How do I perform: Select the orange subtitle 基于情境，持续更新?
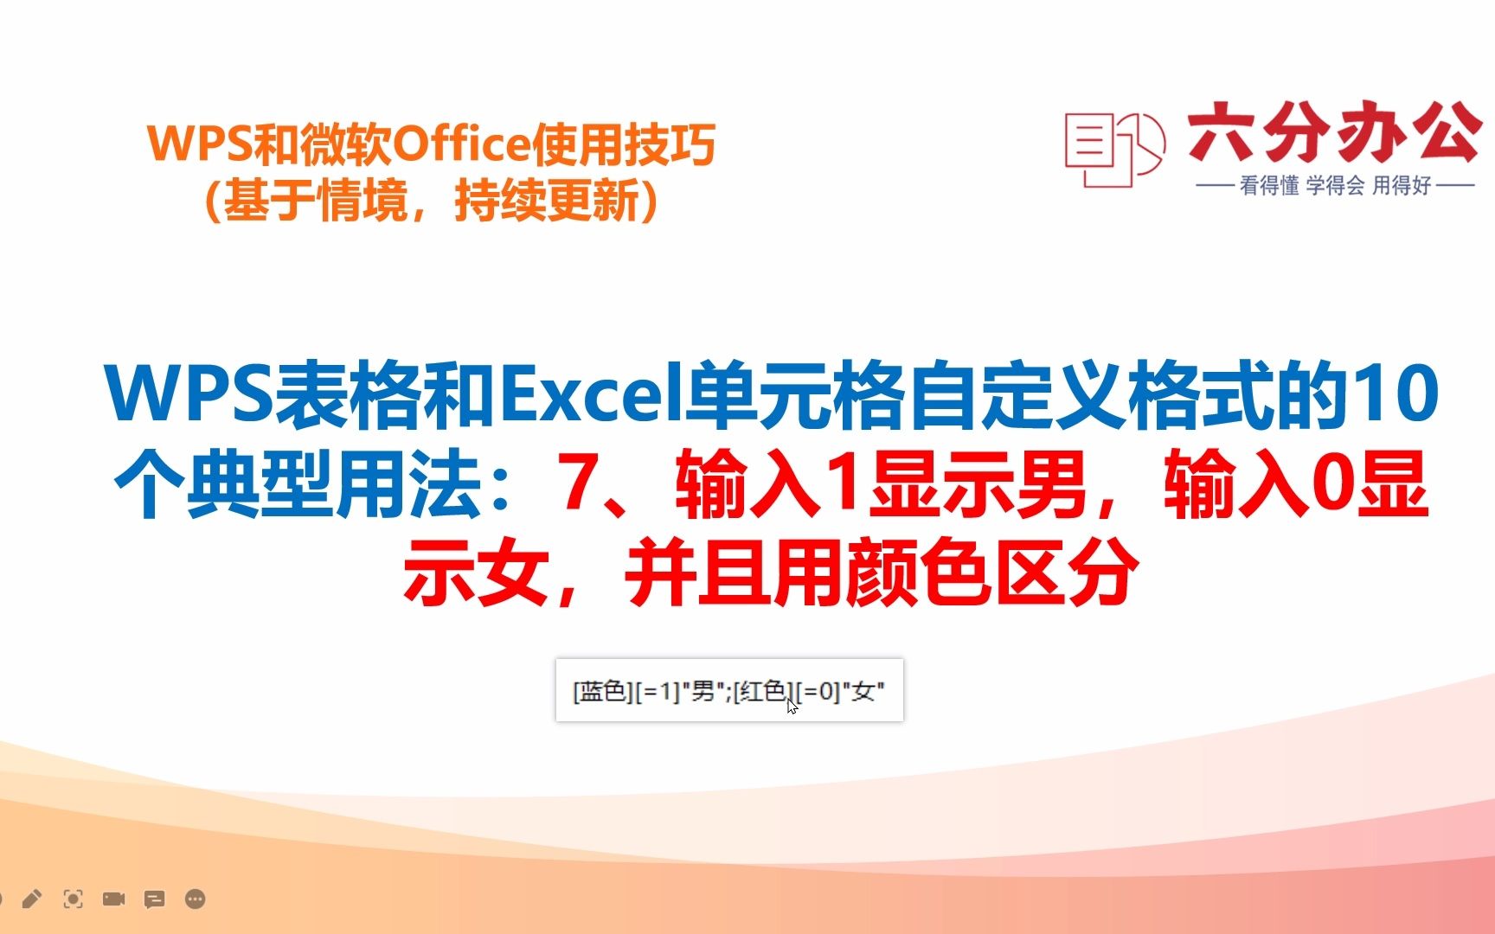(431, 201)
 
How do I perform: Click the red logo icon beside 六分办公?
(1114, 149)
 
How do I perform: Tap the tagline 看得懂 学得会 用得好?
(1335, 185)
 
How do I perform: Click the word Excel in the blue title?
(593, 395)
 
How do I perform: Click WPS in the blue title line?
(189, 395)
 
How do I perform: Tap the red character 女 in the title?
(513, 573)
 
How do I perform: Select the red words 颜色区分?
(992, 573)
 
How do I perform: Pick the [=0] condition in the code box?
(818, 691)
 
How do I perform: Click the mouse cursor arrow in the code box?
(792, 707)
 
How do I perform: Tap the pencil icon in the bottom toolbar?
(32, 899)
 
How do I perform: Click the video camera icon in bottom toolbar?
(114, 899)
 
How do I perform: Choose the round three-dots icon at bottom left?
(196, 899)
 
